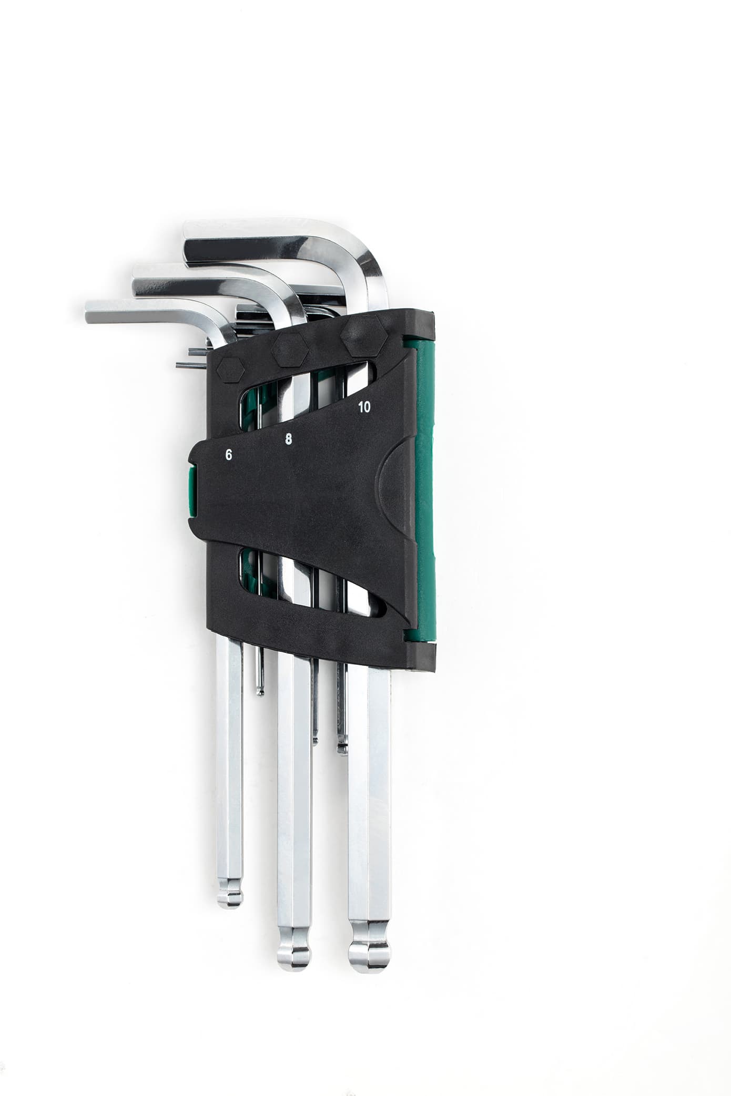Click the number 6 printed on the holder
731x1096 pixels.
tap(228, 455)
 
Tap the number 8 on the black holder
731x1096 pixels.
tap(288, 439)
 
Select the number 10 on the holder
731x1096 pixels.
tap(363, 406)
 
